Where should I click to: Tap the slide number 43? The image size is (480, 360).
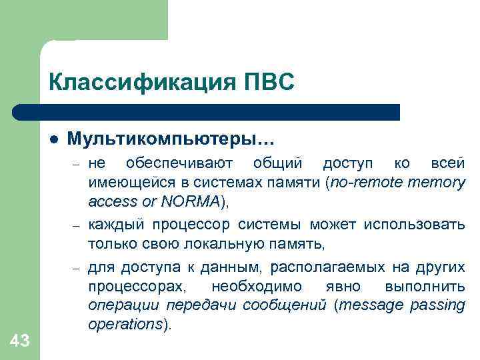[x=20, y=341]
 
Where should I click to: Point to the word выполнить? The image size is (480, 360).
[x=425, y=286]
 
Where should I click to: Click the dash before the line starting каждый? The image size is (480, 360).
[x=77, y=226]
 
